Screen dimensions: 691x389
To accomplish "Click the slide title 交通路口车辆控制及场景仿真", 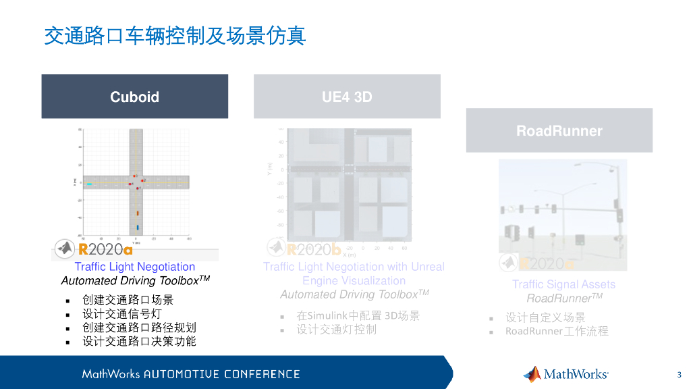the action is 175,35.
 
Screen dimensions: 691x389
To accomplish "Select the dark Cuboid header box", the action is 135,97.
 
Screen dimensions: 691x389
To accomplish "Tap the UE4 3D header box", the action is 347,97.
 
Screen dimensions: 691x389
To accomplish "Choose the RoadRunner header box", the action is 559,130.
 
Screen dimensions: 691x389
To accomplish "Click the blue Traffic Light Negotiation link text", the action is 135,267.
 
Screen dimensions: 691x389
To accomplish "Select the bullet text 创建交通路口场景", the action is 128,300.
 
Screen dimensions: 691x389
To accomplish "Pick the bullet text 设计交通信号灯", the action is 122,314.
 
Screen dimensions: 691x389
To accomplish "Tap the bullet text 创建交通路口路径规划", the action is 139,328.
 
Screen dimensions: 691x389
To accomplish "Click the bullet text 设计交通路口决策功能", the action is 139,342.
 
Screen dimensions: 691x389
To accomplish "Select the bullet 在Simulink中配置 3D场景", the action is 358,315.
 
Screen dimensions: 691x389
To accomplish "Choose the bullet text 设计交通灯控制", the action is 336,330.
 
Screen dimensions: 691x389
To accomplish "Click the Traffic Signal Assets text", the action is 563,284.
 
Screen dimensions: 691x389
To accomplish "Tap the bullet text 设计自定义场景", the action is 545,317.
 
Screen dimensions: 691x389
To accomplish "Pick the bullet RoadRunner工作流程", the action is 557,331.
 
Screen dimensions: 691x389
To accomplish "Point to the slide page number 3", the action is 679,374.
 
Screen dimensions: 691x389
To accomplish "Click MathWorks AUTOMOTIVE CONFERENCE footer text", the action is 191,374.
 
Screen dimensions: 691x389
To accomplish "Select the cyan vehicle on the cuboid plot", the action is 88,183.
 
